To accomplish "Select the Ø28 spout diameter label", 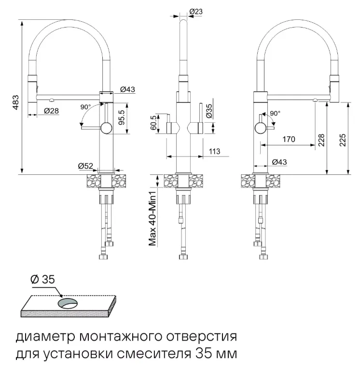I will [x=51, y=111].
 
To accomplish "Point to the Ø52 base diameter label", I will [x=85, y=166].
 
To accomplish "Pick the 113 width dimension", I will [x=215, y=151].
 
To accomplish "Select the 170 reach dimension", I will [x=289, y=140].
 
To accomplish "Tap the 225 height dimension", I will [x=343, y=140].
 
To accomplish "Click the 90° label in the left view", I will [x=85, y=107].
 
